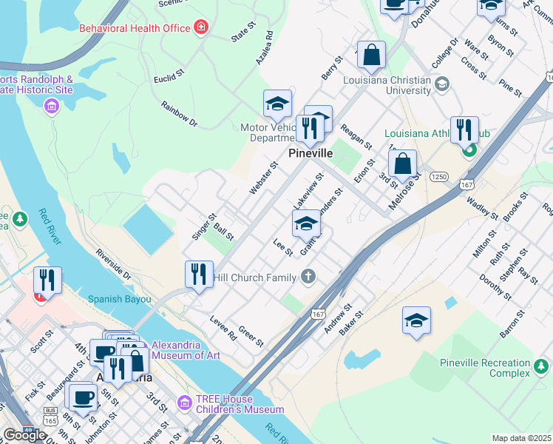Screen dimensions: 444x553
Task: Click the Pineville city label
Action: point(310,153)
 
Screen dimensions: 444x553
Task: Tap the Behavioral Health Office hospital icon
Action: point(201,28)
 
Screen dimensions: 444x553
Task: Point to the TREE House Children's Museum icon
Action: point(185,403)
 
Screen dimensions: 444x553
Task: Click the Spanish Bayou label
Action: point(119,300)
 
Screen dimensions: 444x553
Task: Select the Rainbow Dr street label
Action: point(179,113)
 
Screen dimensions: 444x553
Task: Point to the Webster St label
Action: point(262,178)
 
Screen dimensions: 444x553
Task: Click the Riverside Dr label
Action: point(113,263)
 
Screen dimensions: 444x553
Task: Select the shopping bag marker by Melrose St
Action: point(403,163)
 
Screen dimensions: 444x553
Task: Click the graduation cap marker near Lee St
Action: point(306,223)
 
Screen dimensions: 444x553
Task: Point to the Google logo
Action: point(24,434)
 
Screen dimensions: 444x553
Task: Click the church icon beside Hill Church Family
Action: point(308,277)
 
